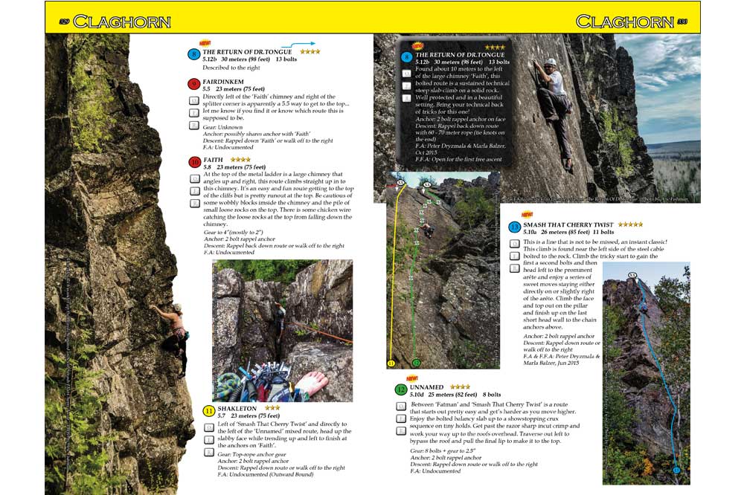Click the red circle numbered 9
(194, 83)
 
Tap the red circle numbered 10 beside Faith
(194, 161)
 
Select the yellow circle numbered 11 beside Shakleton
(209, 410)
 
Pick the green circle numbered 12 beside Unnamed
(401, 389)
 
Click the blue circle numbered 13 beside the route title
(514, 227)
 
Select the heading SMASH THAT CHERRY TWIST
(569, 224)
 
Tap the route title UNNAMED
(426, 387)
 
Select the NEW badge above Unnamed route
(402, 378)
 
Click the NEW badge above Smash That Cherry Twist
(527, 215)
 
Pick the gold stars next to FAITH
(240, 159)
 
